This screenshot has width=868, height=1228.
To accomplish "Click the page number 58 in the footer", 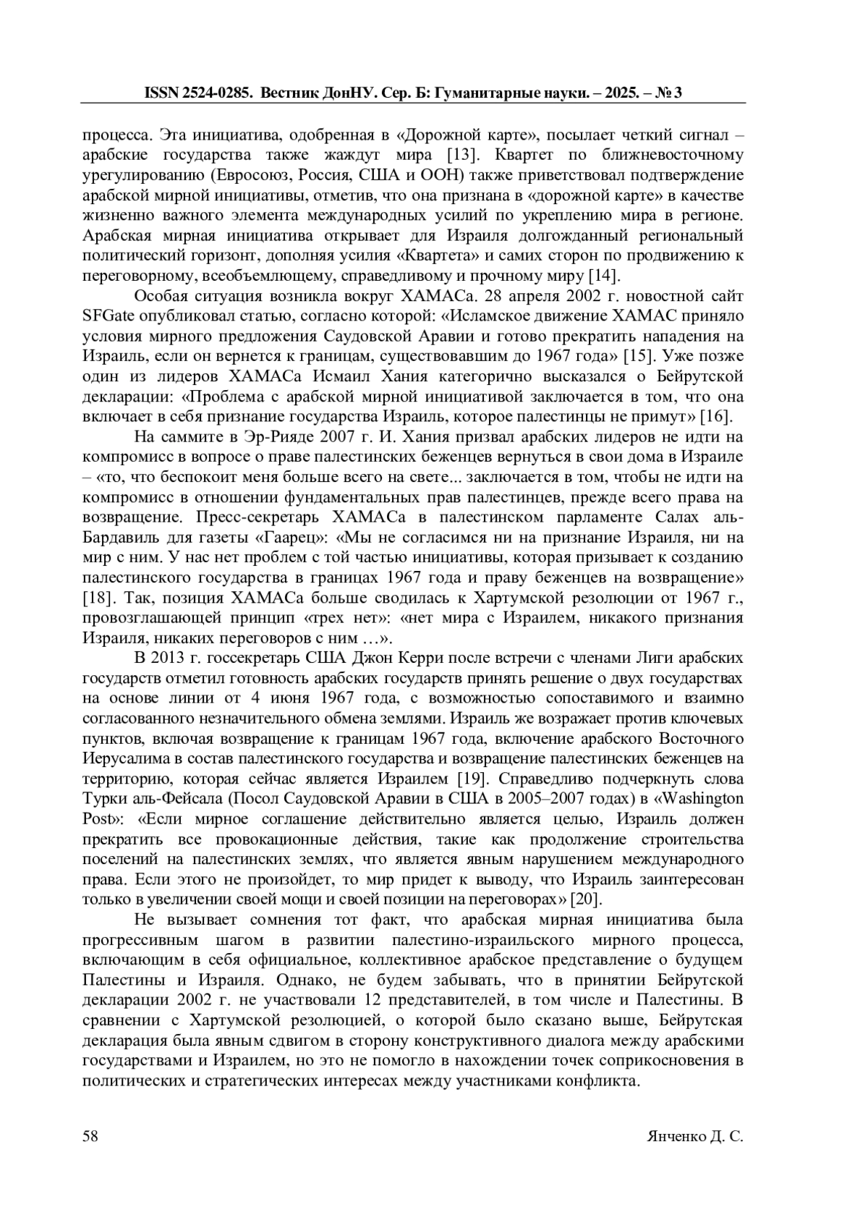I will pos(90,1136).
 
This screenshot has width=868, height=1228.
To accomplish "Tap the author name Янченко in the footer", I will pos(676,1136).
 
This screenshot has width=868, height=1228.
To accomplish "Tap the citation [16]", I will pos(717,417).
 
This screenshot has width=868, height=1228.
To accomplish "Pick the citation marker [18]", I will pos(98,598).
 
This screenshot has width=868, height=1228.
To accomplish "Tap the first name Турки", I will pos(103,799).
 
